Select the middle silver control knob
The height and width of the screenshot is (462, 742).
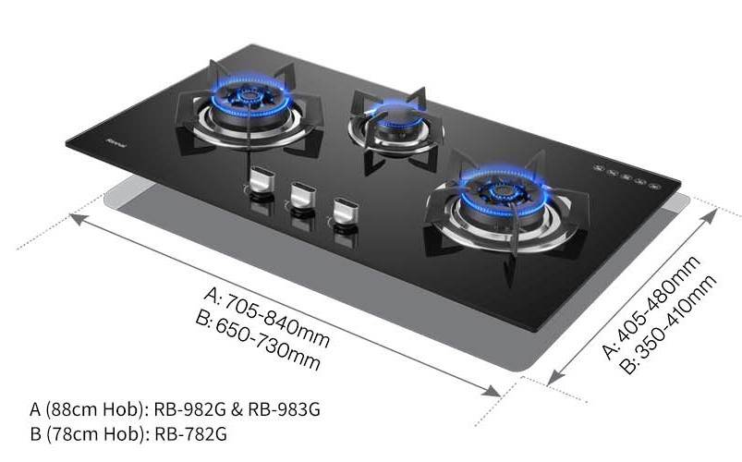303,195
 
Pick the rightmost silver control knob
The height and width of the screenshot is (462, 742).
346,212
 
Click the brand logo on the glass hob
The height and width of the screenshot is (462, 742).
116,143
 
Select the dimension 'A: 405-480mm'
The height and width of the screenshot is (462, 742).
651,308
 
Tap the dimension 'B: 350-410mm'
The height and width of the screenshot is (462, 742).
670,324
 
